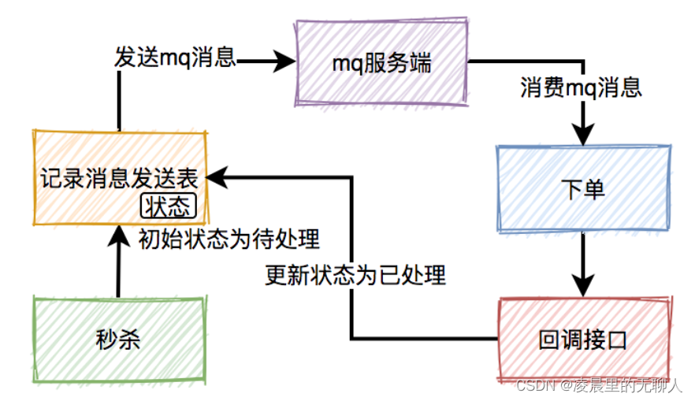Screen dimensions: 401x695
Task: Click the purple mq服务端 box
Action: click(x=383, y=63)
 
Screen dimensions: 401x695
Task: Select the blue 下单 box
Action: click(x=583, y=189)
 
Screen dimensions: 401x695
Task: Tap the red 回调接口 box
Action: click(x=583, y=340)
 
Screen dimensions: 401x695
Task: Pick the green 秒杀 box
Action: click(x=118, y=340)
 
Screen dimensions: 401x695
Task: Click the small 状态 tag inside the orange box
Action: click(x=168, y=206)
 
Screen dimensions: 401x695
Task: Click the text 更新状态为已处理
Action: click(x=356, y=275)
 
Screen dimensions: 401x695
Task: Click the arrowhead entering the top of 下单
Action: click(x=583, y=136)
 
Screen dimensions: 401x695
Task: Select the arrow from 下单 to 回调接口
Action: click(x=583, y=264)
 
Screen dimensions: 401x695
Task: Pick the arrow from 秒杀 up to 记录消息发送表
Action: click(x=118, y=260)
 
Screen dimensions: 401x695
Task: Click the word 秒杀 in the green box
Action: click(x=118, y=340)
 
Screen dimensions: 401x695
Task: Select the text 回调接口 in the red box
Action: click(x=583, y=341)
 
